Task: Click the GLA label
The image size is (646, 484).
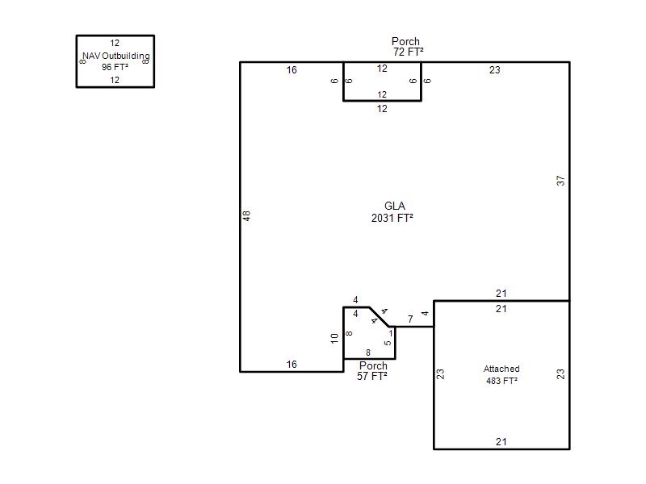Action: pos(395,206)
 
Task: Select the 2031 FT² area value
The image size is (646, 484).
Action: pos(392,218)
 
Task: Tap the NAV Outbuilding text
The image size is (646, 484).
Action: pos(116,56)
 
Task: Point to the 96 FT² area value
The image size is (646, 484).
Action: pos(115,67)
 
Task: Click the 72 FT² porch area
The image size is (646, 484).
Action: pos(409,52)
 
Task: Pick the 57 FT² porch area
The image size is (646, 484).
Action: pos(372,376)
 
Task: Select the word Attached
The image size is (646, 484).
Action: pos(501,369)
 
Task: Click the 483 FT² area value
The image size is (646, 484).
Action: pos(501,381)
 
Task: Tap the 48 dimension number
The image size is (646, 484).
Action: pos(246,215)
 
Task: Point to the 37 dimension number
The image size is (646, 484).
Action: pos(560,181)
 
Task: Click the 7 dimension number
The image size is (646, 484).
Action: pos(410,319)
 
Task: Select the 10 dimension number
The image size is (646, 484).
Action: pos(334,338)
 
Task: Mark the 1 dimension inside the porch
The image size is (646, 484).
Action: pos(391,333)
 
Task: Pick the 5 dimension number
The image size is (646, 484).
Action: pos(388,343)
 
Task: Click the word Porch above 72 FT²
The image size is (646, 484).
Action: pos(405,41)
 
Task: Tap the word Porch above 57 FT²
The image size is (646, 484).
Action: pos(373,365)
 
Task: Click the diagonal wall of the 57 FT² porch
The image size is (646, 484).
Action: pos(379,317)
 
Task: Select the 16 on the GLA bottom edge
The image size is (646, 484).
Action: pos(292,365)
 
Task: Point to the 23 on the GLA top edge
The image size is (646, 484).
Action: pos(495,70)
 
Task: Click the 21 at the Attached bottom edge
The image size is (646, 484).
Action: pos(501,441)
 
